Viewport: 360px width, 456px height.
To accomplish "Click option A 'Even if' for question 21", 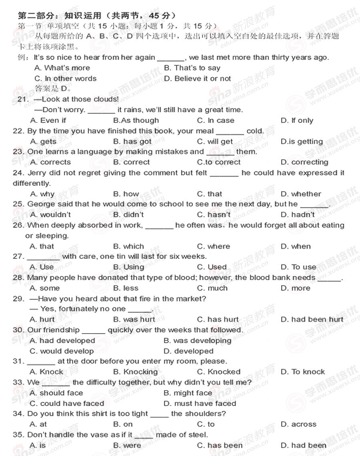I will (x=48, y=120).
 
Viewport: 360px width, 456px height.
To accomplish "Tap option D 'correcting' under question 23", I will (x=304, y=162).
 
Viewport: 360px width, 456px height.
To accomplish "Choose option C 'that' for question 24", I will (x=210, y=194).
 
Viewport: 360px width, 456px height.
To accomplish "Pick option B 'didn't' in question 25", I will (x=128, y=214).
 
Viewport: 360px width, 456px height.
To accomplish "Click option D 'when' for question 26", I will (x=296, y=246).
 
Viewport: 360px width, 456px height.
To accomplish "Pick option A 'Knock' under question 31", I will (x=46, y=372).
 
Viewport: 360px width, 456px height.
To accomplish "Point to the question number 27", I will (x=18, y=256).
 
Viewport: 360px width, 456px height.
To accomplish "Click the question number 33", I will (x=18, y=382).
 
